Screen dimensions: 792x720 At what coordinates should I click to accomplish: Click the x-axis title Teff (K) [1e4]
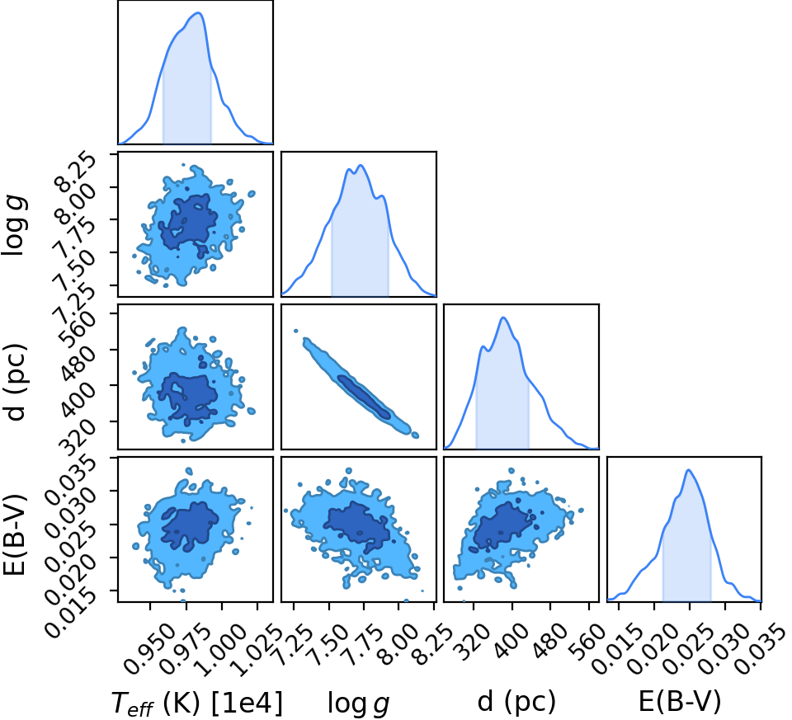pyautogui.click(x=196, y=703)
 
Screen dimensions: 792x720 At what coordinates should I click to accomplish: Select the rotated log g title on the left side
pyautogui.click(x=15, y=226)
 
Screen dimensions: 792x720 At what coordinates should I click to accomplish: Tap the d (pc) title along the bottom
pyautogui.click(x=516, y=701)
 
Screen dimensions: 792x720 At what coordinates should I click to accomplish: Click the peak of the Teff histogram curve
pyautogui.click(x=199, y=12)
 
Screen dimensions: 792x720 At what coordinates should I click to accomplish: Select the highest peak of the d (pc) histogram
pyautogui.click(x=503, y=317)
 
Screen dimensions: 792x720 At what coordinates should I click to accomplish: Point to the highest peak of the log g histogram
pyautogui.click(x=360, y=165)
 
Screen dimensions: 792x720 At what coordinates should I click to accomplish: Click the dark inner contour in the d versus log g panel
pyautogui.click(x=364, y=397)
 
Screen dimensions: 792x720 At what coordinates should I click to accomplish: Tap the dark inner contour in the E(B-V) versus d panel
pyautogui.click(x=503, y=526)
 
